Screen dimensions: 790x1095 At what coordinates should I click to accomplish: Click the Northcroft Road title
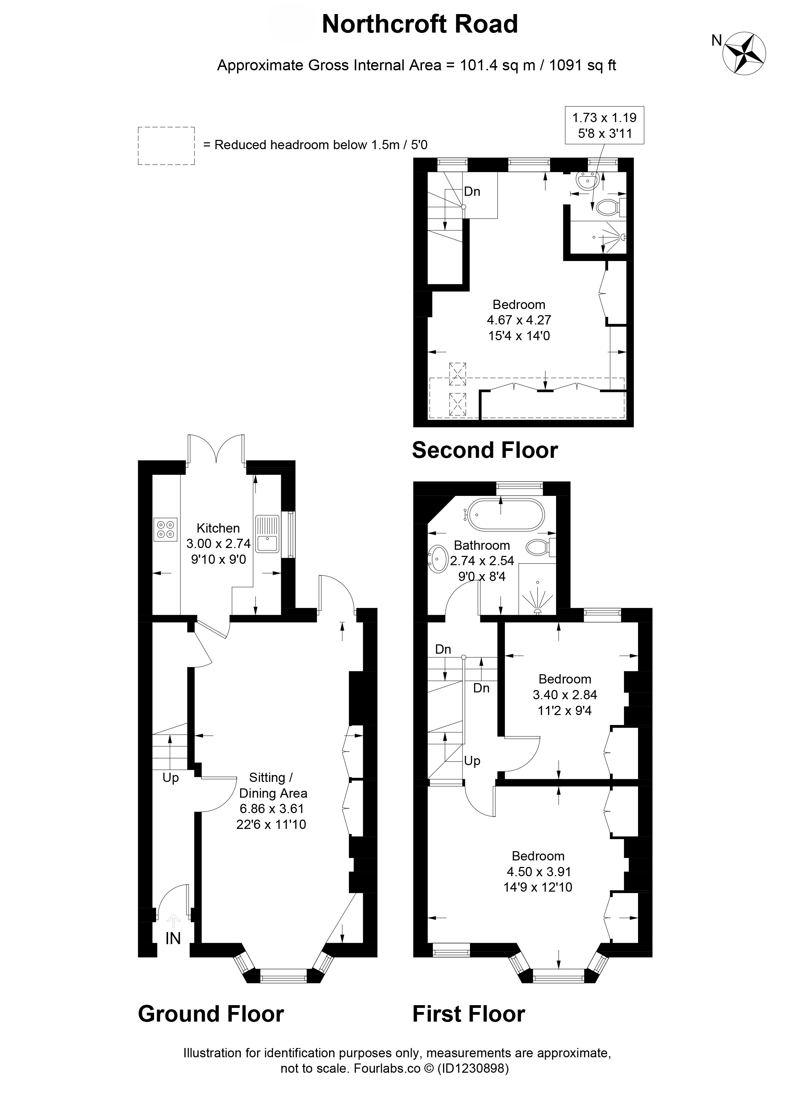420,24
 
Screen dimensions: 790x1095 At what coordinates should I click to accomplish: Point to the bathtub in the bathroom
505,515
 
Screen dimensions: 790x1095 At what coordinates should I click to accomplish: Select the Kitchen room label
218,528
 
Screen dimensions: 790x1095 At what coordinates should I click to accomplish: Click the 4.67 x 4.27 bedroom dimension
519,320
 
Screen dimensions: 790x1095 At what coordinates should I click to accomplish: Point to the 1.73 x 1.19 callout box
604,125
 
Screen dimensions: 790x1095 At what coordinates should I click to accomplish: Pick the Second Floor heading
485,450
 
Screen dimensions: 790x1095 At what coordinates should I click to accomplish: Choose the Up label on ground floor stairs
170,778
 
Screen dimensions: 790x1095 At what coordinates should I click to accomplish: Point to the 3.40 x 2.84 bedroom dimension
565,695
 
